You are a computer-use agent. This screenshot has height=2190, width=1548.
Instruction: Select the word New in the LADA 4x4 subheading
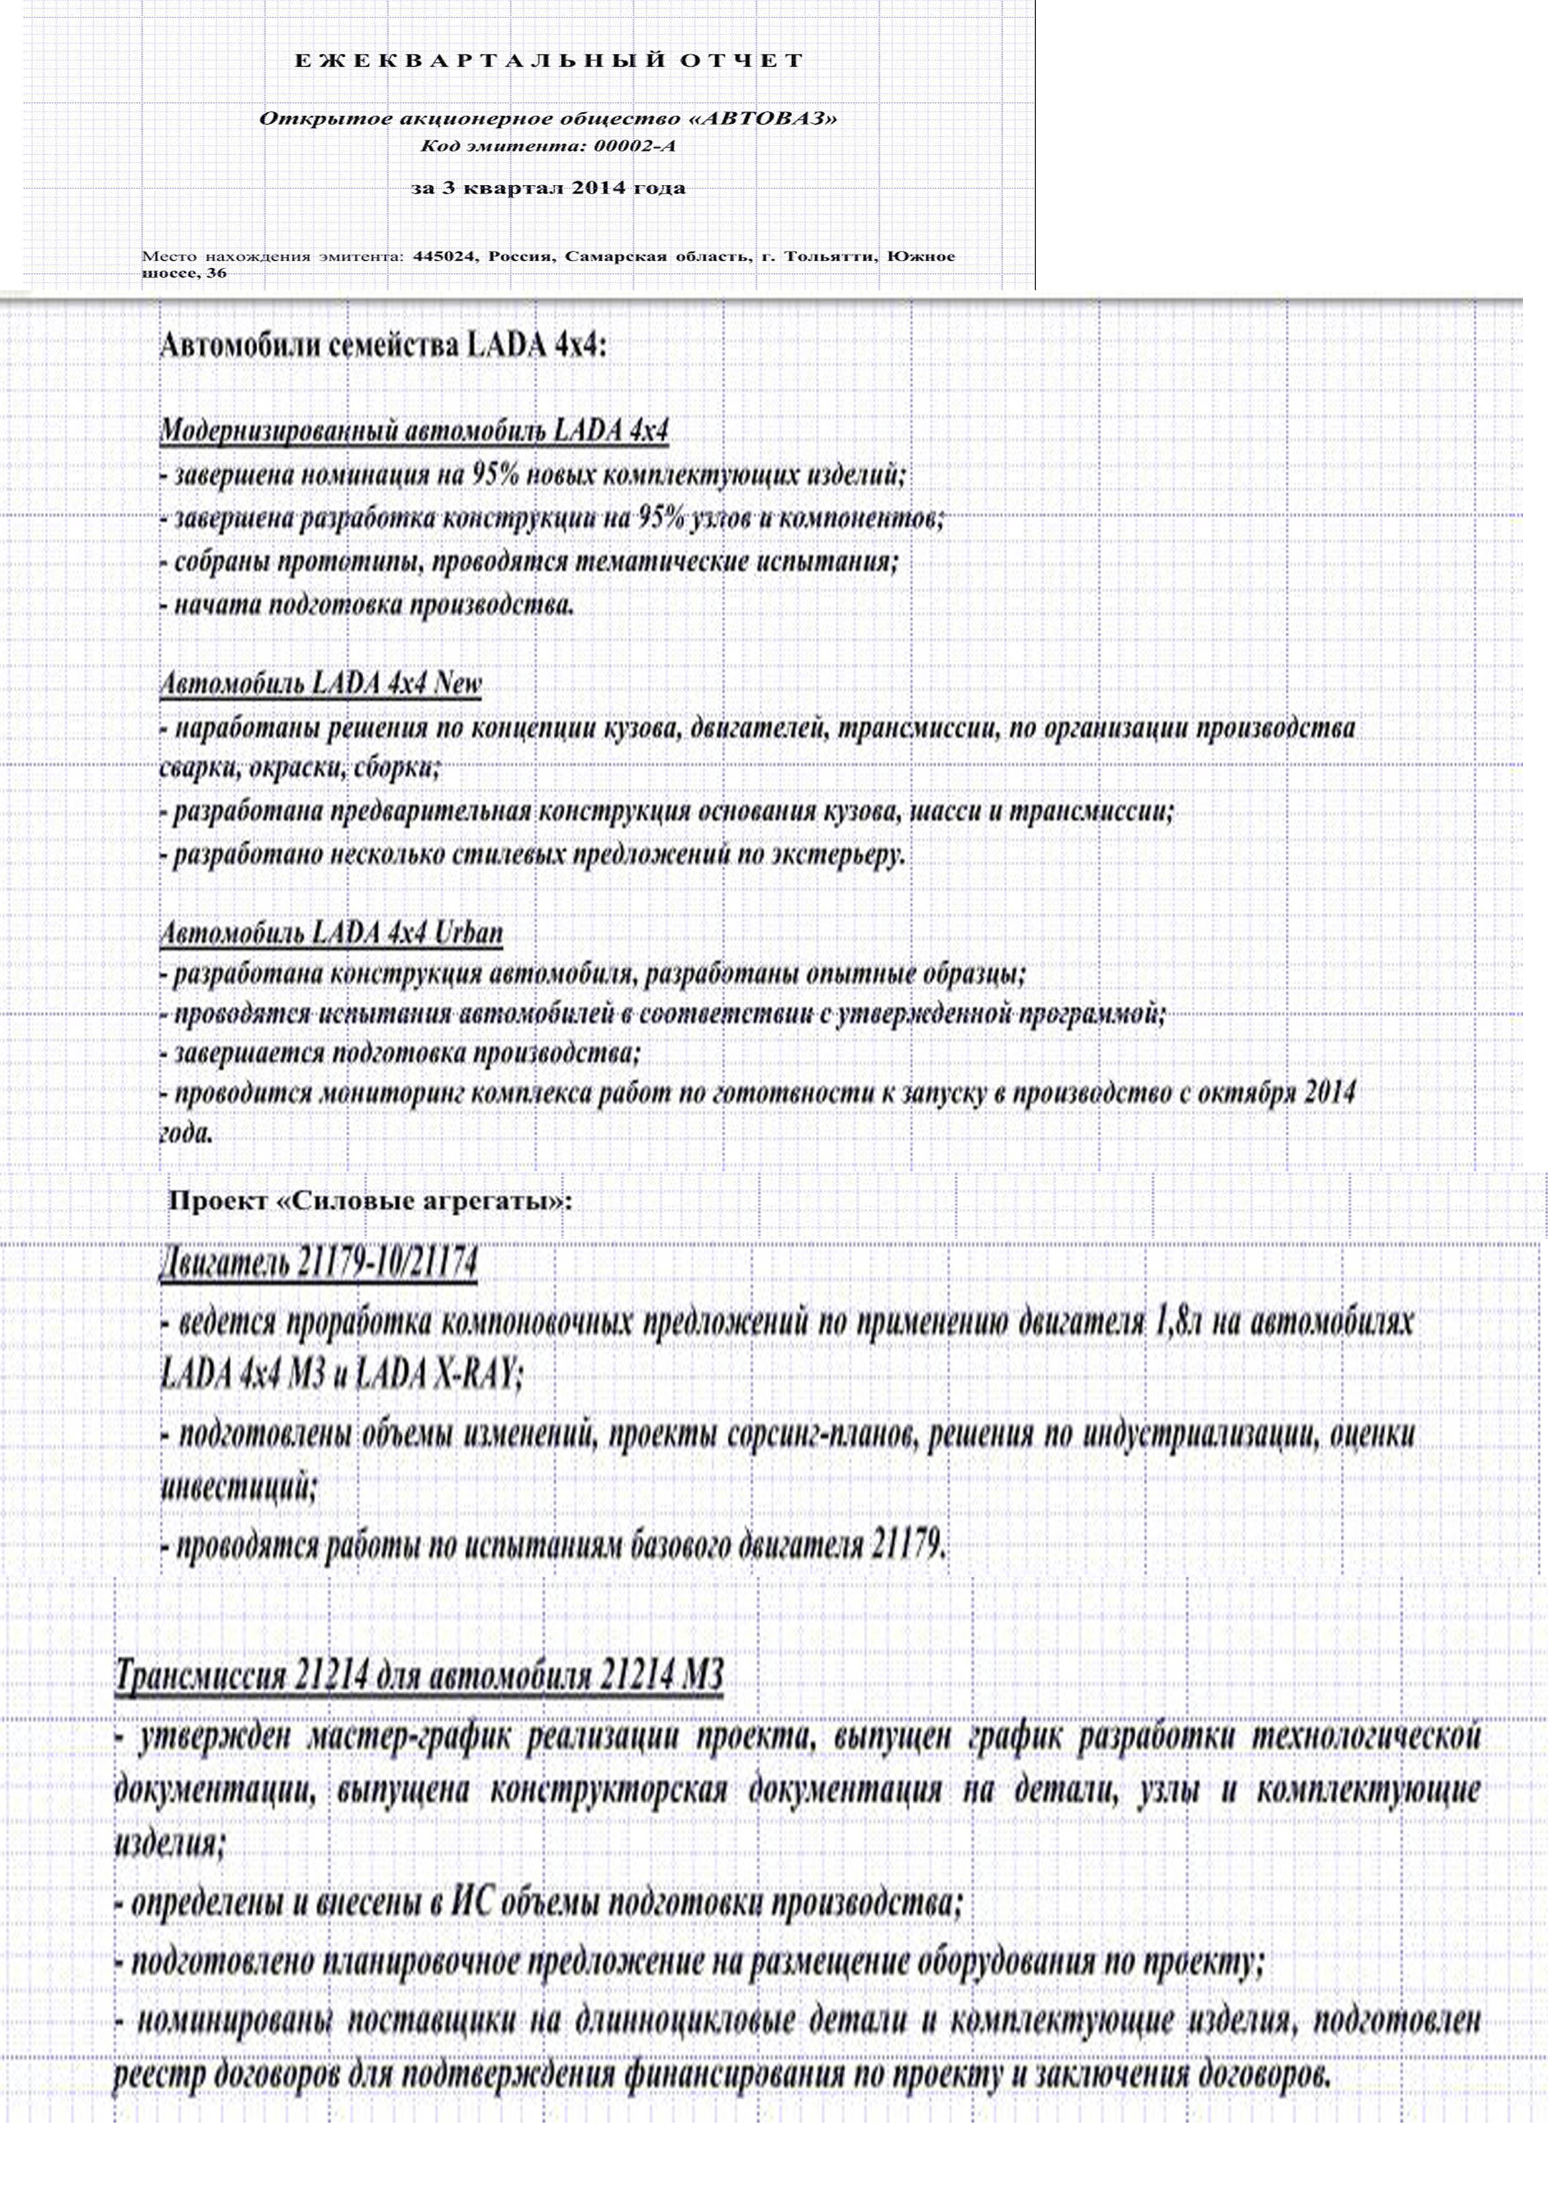coord(458,683)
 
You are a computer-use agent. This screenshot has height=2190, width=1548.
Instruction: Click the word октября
coord(1250,1093)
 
